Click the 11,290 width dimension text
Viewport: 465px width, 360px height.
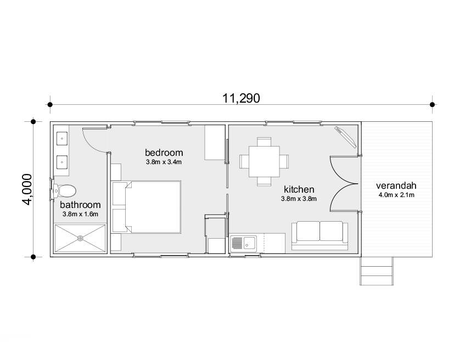241,98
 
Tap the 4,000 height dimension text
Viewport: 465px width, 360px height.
27,189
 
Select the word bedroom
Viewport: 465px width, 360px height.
164,153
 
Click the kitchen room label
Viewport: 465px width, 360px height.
299,189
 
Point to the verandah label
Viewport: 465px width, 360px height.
396,185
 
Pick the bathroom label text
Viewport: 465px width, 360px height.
80,205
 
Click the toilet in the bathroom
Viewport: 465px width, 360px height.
64,191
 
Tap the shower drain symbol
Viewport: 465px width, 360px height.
80,238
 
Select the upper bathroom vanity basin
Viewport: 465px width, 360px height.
62,138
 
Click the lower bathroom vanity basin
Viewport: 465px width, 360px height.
62,162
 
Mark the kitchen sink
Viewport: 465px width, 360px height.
243,244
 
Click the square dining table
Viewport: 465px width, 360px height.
264,161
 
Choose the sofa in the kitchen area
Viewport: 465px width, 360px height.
320,236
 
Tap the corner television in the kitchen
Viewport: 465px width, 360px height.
345,137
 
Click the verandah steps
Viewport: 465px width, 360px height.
377,271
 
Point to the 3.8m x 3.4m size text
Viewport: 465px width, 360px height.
164,162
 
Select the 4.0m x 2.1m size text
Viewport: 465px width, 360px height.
396,195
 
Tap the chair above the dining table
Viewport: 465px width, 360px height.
264,142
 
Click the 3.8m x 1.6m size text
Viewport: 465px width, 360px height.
80,214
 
